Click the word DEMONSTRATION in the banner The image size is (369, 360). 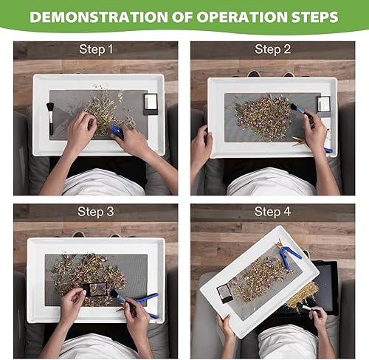[99, 17]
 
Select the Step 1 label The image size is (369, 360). [96, 49]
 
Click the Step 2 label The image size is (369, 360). [273, 49]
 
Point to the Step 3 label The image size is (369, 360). [96, 212]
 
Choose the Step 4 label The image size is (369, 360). [272, 212]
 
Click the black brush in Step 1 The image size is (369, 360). [50, 118]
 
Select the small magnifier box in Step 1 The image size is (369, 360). [151, 104]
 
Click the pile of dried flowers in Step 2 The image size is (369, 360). [264, 118]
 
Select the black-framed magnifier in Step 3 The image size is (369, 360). [94, 289]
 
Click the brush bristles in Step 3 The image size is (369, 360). [114, 294]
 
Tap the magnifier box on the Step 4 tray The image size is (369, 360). [224, 293]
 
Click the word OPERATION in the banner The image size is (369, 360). [230, 17]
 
